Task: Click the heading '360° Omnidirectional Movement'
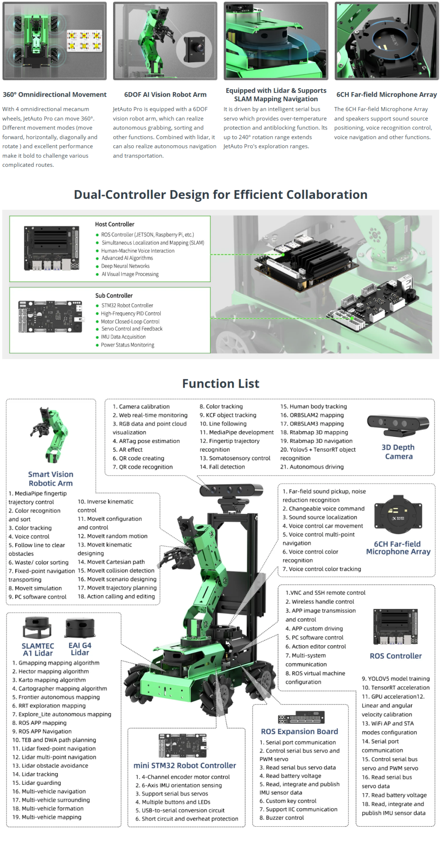pos(54,95)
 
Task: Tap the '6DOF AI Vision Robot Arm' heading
pos(165,95)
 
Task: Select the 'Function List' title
pos(221,383)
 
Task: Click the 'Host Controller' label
pos(114,224)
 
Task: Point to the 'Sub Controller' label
pos(114,296)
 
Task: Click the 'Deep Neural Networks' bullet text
pos(125,266)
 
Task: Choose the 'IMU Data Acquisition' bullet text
pos(123,337)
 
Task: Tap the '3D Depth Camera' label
pos(398,452)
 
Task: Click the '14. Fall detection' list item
pos(222,467)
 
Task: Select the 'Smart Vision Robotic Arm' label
pos(51,479)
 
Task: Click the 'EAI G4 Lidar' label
pos(80,649)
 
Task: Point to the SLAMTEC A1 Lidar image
pos(37,628)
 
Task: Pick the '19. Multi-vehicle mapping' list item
pos(47,817)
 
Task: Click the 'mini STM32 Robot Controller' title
pos(185,765)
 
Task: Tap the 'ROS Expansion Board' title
pos(299,731)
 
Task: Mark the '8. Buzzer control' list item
pos(282,818)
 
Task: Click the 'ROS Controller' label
pos(396,656)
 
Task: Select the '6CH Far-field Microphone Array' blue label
pos(398,548)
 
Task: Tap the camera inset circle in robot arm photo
pos(194,48)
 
